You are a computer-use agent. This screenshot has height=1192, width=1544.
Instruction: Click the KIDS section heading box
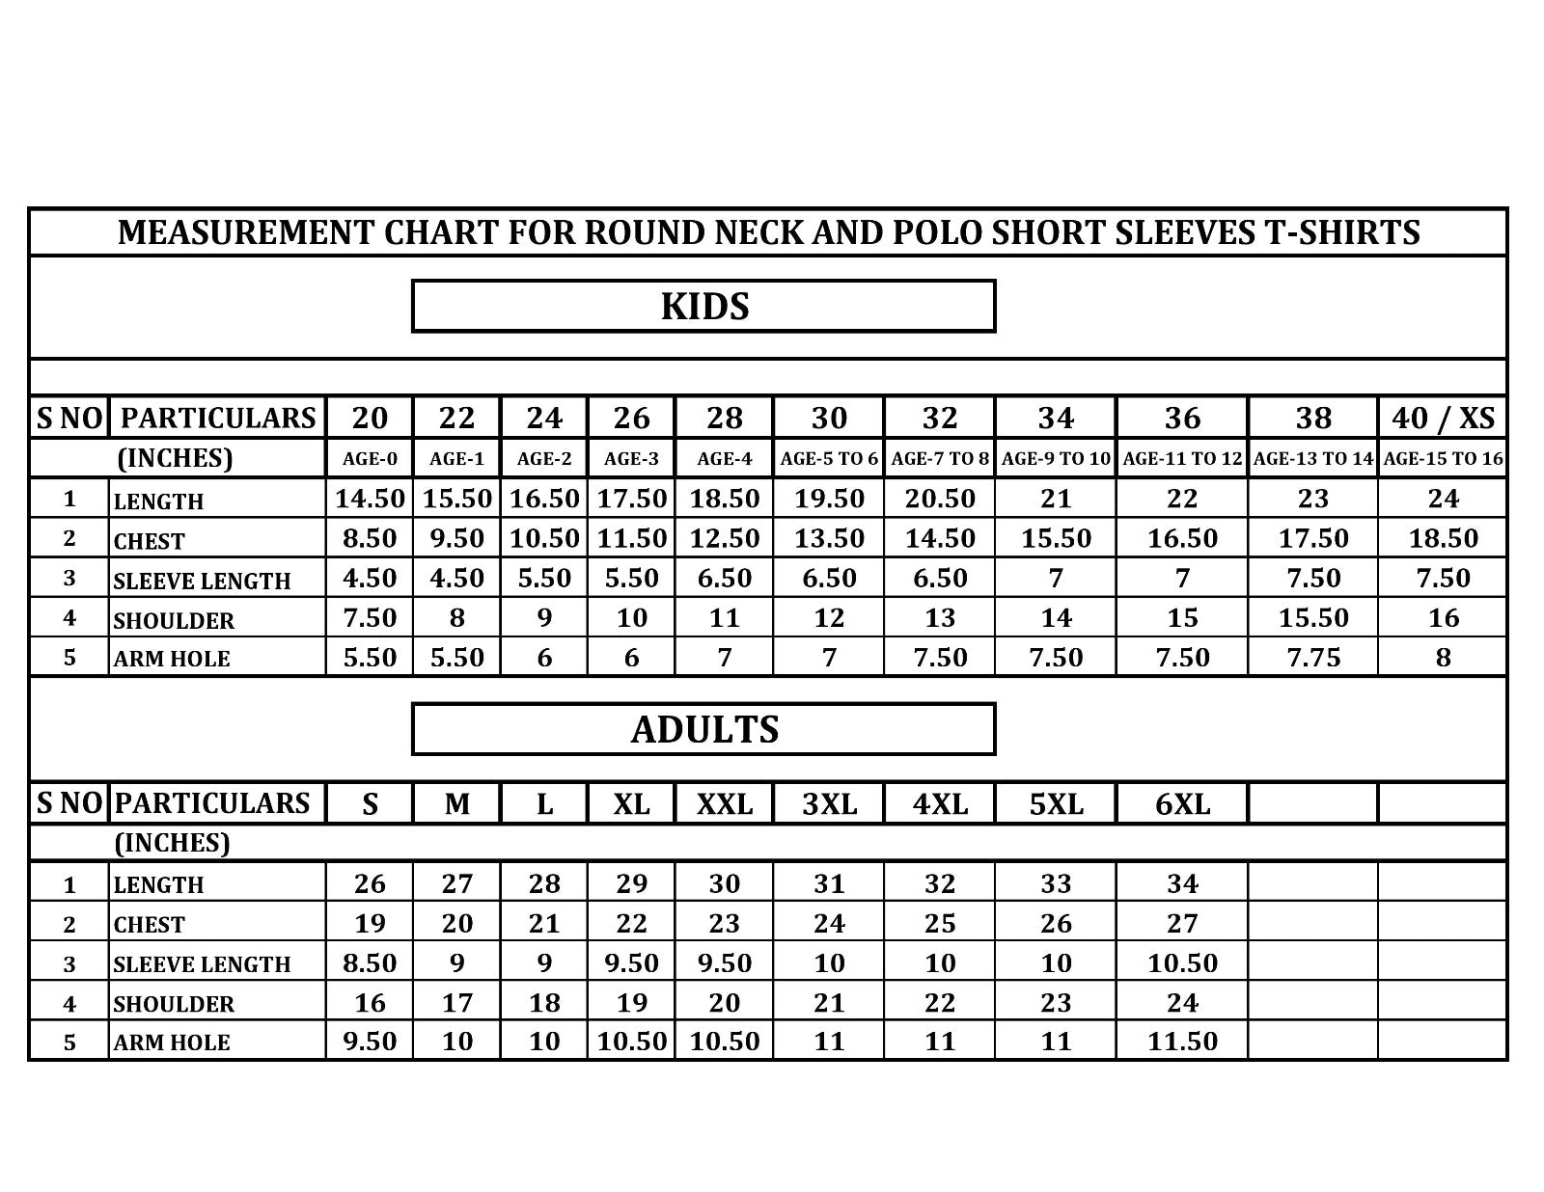[703, 306]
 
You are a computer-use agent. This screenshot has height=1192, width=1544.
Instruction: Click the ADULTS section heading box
[703, 729]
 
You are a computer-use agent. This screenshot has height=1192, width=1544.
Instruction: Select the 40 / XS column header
[1443, 418]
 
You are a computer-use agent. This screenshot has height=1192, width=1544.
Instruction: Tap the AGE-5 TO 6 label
[829, 459]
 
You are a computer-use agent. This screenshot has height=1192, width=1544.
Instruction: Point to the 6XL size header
[1182, 803]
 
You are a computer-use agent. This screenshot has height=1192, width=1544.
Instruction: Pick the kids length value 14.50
[370, 499]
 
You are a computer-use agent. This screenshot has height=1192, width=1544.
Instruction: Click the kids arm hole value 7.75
[1312, 657]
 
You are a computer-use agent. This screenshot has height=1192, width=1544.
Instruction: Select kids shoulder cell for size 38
[1312, 617]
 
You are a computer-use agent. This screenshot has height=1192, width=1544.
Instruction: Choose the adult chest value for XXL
[724, 923]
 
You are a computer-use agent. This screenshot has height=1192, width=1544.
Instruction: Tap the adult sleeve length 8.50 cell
[370, 962]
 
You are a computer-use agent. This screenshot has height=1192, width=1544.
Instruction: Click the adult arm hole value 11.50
[1182, 1042]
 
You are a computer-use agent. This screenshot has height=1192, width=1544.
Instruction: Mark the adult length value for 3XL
[829, 883]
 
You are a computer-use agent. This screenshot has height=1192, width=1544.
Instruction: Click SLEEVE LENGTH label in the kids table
[202, 581]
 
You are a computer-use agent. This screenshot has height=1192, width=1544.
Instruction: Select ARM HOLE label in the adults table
[172, 1043]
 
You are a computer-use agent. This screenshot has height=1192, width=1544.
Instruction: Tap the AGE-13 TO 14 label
[1312, 459]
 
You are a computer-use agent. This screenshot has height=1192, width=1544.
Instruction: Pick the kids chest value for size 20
[370, 538]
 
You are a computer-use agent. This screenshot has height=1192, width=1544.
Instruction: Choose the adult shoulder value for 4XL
[939, 1003]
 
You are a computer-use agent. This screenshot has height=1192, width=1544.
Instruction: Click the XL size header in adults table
[631, 803]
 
